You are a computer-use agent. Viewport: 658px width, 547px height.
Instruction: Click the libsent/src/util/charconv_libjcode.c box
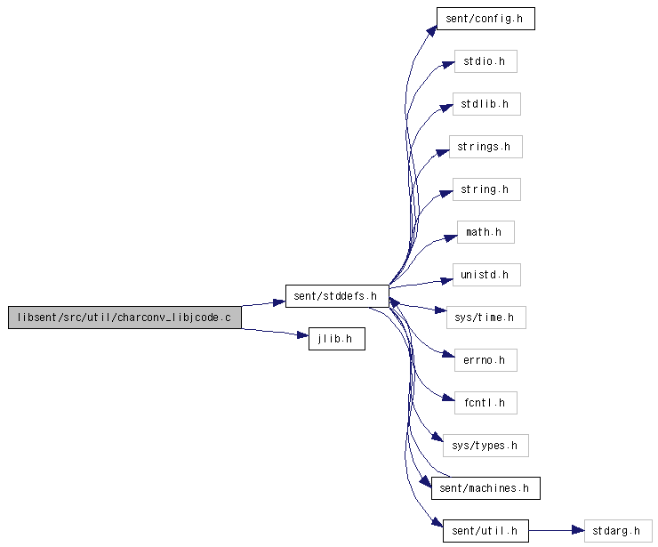pos(124,318)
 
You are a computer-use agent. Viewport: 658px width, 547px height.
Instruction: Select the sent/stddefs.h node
pos(337,296)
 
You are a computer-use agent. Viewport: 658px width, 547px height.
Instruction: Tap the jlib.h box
pos(336,339)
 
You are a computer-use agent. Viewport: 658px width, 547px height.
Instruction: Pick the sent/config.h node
pos(485,19)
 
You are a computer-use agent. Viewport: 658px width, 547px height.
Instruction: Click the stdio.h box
pos(485,61)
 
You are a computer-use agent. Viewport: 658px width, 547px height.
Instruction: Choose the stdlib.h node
pos(486,104)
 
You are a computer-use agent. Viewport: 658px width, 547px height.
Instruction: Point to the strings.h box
pos(485,147)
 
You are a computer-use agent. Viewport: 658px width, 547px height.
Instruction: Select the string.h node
pos(486,189)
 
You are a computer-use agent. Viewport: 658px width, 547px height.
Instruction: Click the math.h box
pos(485,232)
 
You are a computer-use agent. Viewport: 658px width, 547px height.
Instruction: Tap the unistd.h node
pos(486,275)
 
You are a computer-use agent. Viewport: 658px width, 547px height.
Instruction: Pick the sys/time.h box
pos(486,318)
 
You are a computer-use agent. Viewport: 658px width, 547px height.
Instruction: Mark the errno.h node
pos(485,360)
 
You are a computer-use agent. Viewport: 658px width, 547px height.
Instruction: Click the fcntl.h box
pos(485,403)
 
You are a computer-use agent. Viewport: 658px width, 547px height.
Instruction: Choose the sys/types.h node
pos(485,446)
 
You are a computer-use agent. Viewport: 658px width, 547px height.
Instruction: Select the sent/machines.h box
pos(485,488)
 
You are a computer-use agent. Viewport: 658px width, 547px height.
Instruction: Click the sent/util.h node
pos(485,531)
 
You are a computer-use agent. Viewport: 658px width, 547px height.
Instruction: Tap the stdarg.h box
pos(618,531)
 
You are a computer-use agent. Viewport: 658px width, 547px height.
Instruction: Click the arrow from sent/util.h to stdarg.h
pos(557,531)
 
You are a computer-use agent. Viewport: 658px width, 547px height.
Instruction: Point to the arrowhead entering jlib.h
pos(302,334)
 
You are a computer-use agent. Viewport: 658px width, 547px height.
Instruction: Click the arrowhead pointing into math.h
pos(451,238)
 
